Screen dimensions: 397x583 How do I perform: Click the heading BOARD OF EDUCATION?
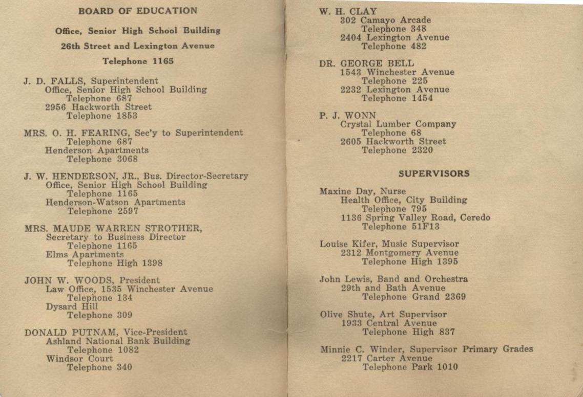point(138,11)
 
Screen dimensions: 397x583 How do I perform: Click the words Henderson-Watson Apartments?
point(115,203)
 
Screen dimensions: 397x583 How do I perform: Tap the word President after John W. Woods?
point(139,280)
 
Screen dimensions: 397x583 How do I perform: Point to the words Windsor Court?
point(79,359)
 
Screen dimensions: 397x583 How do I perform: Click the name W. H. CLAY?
point(348,11)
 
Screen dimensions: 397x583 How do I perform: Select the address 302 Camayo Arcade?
point(386,20)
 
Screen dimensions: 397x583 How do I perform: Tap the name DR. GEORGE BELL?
point(366,64)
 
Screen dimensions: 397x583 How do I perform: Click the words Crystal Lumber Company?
point(398,124)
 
